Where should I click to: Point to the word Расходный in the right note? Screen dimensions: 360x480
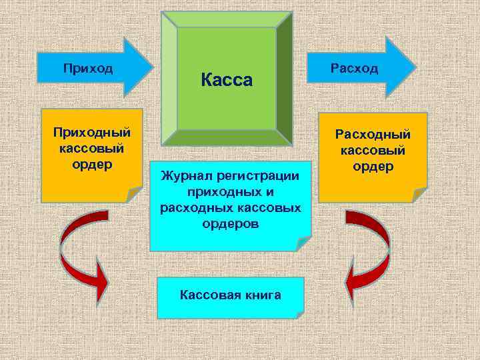373,135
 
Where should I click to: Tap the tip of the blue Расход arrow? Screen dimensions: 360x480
415,67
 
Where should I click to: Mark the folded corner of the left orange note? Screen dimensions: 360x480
134,193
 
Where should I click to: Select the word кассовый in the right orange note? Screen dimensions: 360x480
373,151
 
